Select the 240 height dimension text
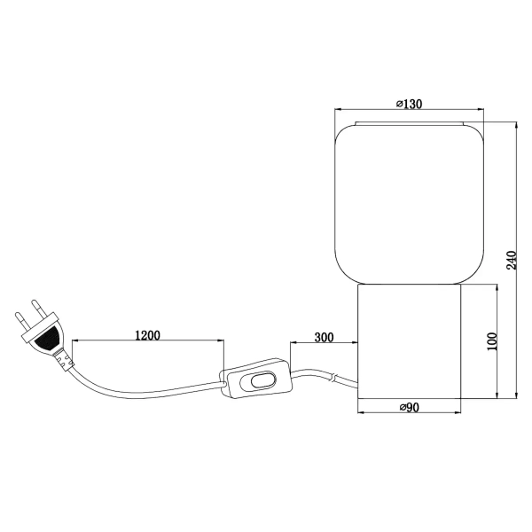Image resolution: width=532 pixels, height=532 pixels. coord(510,259)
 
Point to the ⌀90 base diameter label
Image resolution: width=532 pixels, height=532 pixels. coord(409,407)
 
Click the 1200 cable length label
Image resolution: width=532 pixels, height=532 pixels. coord(147,336)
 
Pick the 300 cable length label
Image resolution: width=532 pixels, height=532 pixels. coord(324,338)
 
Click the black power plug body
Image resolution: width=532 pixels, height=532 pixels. coord(45,336)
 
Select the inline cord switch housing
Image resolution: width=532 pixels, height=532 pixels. coord(258,380)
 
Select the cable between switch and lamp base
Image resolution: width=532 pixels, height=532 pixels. coord(324,376)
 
